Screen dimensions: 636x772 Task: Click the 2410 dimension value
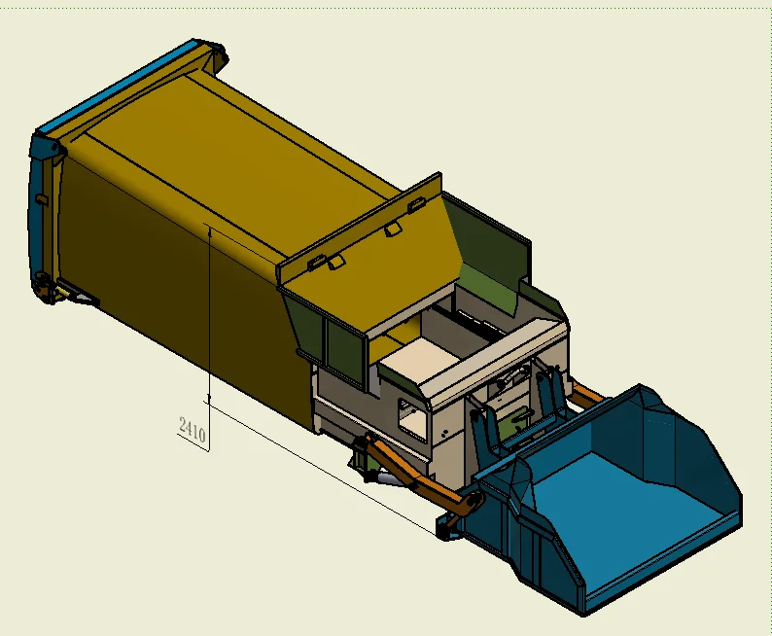(x=192, y=430)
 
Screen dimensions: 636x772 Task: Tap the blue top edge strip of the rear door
(x=117, y=88)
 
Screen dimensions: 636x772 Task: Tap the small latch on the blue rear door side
(x=41, y=198)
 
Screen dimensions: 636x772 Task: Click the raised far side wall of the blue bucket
(x=671, y=428)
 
